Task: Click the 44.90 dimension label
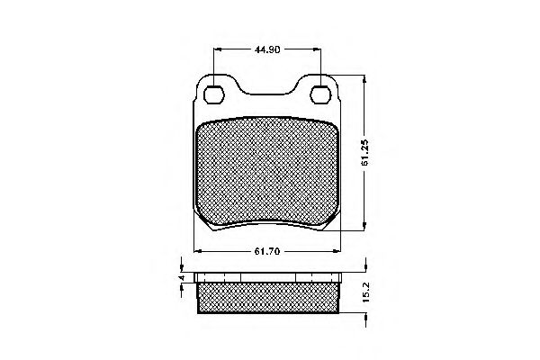point(267,49)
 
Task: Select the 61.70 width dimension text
point(267,251)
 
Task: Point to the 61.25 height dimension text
point(365,152)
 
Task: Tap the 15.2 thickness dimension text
point(365,292)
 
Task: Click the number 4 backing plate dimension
point(182,278)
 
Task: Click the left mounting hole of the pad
point(214,94)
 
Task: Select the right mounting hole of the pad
point(320,94)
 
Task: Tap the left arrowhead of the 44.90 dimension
point(217,49)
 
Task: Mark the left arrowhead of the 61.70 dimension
point(198,251)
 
